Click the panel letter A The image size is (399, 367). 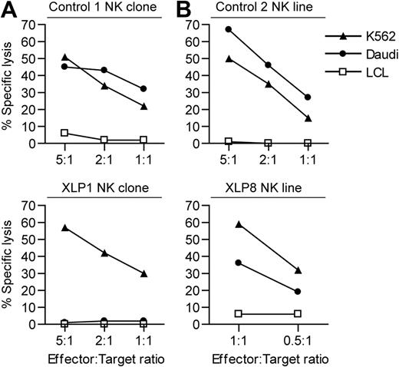(x=8, y=9)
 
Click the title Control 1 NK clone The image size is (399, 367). (x=108, y=8)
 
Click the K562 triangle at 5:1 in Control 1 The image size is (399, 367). (x=65, y=58)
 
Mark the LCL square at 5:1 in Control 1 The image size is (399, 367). (x=65, y=133)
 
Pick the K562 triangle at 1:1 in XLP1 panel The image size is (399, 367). (x=144, y=273)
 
